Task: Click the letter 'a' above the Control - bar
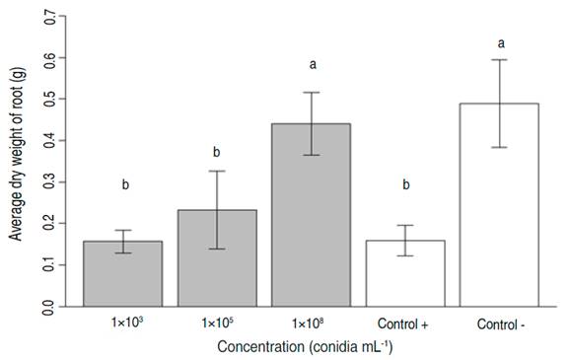pos(500,43)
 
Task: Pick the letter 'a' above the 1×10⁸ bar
pos(312,65)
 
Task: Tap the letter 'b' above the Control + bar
pos(405,184)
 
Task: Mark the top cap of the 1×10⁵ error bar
pos(217,172)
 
